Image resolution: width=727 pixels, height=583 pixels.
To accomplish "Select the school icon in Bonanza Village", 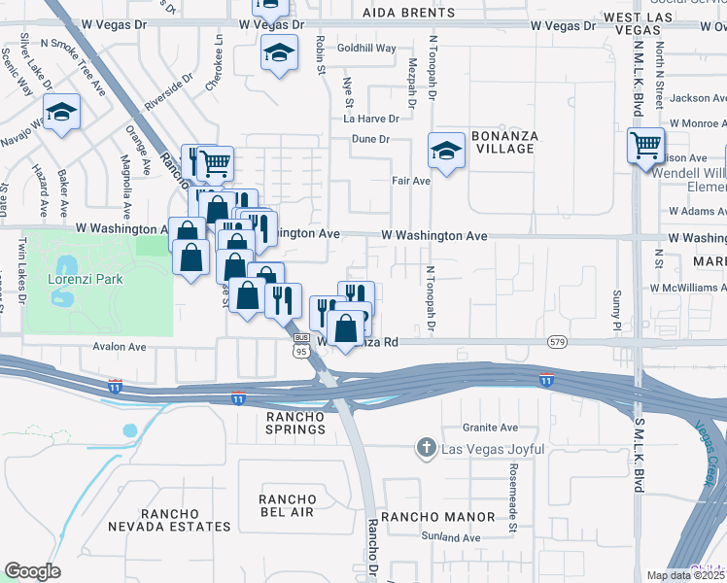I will (x=446, y=151).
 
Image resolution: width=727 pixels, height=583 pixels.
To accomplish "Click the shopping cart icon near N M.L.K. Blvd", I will (x=645, y=146).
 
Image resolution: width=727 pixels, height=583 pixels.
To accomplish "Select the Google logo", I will (x=31, y=571).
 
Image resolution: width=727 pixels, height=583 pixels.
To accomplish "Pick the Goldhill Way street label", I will (x=366, y=48).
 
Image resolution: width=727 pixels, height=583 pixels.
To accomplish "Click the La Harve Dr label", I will (x=370, y=119).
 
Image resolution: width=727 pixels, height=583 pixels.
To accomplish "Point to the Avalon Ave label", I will (x=119, y=346).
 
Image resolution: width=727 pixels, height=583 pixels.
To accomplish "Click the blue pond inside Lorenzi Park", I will (x=65, y=265).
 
